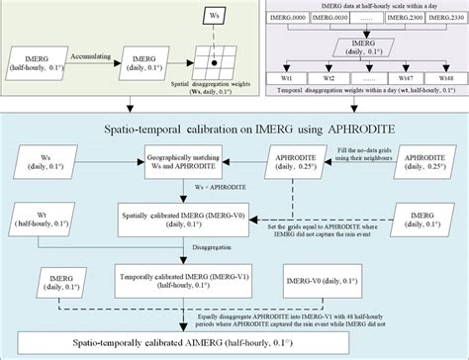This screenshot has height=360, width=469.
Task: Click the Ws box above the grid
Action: pyautogui.click(x=214, y=17)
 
